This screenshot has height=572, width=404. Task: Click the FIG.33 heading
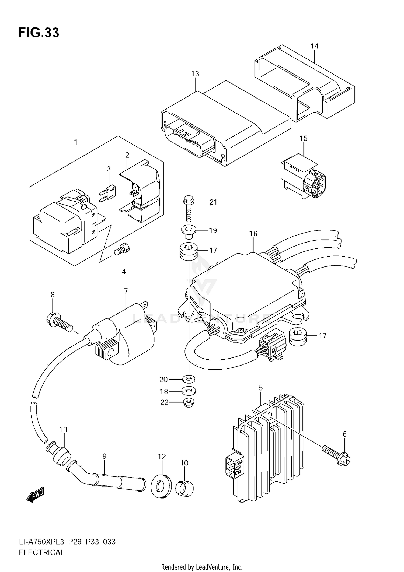[39, 33]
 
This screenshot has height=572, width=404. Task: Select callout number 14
[314, 46]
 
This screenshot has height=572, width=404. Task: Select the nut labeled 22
[189, 403]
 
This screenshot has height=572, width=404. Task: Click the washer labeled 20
[189, 379]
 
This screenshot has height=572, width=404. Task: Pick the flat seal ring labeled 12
[161, 487]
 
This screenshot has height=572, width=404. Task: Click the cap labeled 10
[184, 488]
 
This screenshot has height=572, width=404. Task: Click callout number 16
[253, 234]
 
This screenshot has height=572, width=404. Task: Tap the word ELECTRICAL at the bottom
[41, 553]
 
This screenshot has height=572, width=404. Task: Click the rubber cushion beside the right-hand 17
[297, 337]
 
